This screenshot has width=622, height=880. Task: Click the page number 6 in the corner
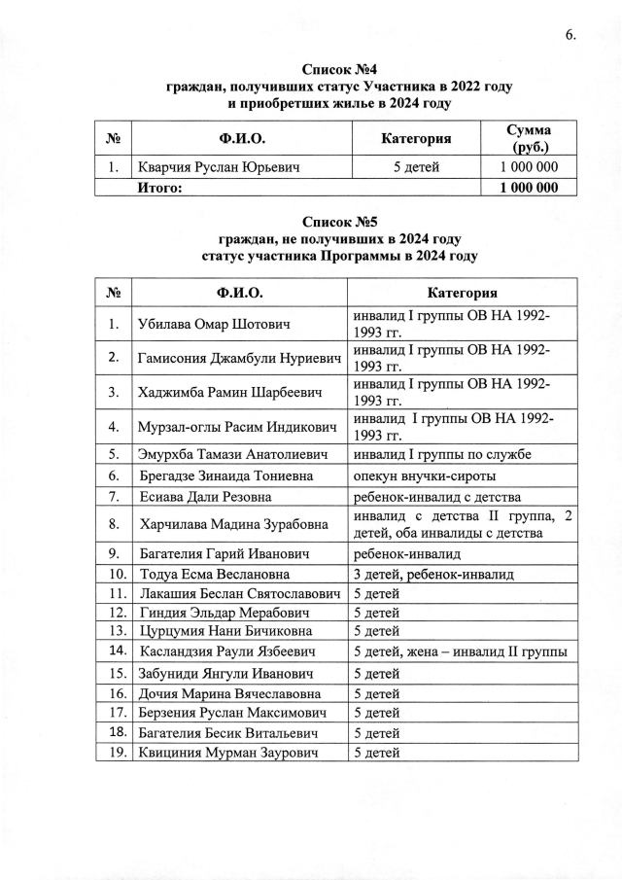click(x=570, y=36)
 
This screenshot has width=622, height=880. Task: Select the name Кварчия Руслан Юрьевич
click(x=218, y=168)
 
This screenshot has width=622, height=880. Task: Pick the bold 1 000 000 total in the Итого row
click(x=530, y=188)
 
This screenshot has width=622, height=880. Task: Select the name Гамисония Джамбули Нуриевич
click(x=240, y=358)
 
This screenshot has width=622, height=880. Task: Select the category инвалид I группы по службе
click(x=442, y=453)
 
